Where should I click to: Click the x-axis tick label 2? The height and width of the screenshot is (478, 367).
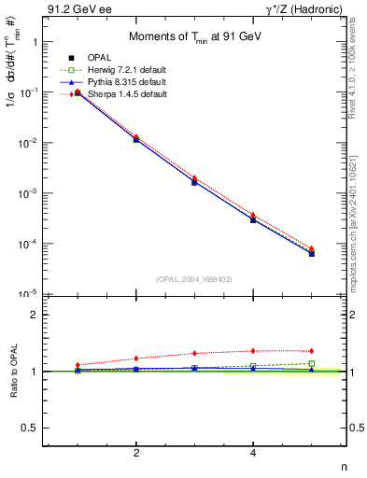point(136,453)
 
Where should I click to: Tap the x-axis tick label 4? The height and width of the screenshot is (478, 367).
point(253,453)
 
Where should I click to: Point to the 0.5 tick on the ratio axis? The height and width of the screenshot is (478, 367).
point(30,428)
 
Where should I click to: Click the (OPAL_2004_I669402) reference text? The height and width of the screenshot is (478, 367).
point(193,277)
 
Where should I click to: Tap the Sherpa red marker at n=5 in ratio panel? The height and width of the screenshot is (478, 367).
point(311,351)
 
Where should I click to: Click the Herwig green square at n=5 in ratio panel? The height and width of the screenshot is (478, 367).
point(311,363)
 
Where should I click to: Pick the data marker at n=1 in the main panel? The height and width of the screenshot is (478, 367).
point(78,93)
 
